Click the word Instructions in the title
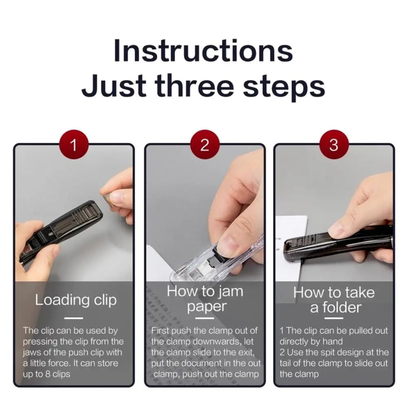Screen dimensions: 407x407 (203, 51)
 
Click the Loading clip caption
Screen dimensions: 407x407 (76, 300)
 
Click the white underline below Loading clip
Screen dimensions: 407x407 (74, 318)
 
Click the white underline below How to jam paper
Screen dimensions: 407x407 (205, 318)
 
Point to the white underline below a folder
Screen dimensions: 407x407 (334, 318)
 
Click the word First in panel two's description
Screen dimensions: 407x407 (161, 330)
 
